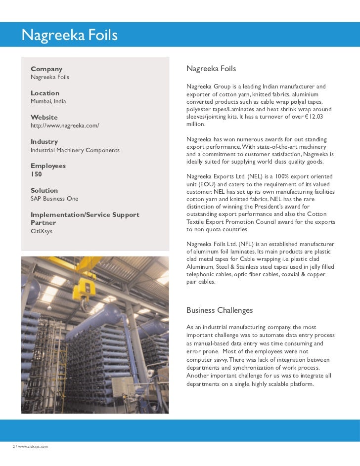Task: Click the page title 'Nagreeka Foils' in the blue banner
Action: (x=69, y=35)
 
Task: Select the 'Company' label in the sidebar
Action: (x=46, y=69)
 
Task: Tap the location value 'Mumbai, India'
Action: (x=48, y=101)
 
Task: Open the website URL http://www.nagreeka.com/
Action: (x=65, y=126)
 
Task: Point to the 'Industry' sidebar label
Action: (x=44, y=142)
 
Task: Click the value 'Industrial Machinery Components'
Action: (x=75, y=150)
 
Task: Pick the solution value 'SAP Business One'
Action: (x=54, y=199)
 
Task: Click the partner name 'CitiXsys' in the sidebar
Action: (x=42, y=231)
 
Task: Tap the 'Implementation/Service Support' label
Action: (x=85, y=215)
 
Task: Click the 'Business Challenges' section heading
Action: (x=219, y=310)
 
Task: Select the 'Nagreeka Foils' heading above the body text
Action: (x=211, y=69)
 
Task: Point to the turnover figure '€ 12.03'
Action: (x=313, y=117)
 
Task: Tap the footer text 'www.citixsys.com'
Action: (x=33, y=446)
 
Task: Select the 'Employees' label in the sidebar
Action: (x=48, y=166)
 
